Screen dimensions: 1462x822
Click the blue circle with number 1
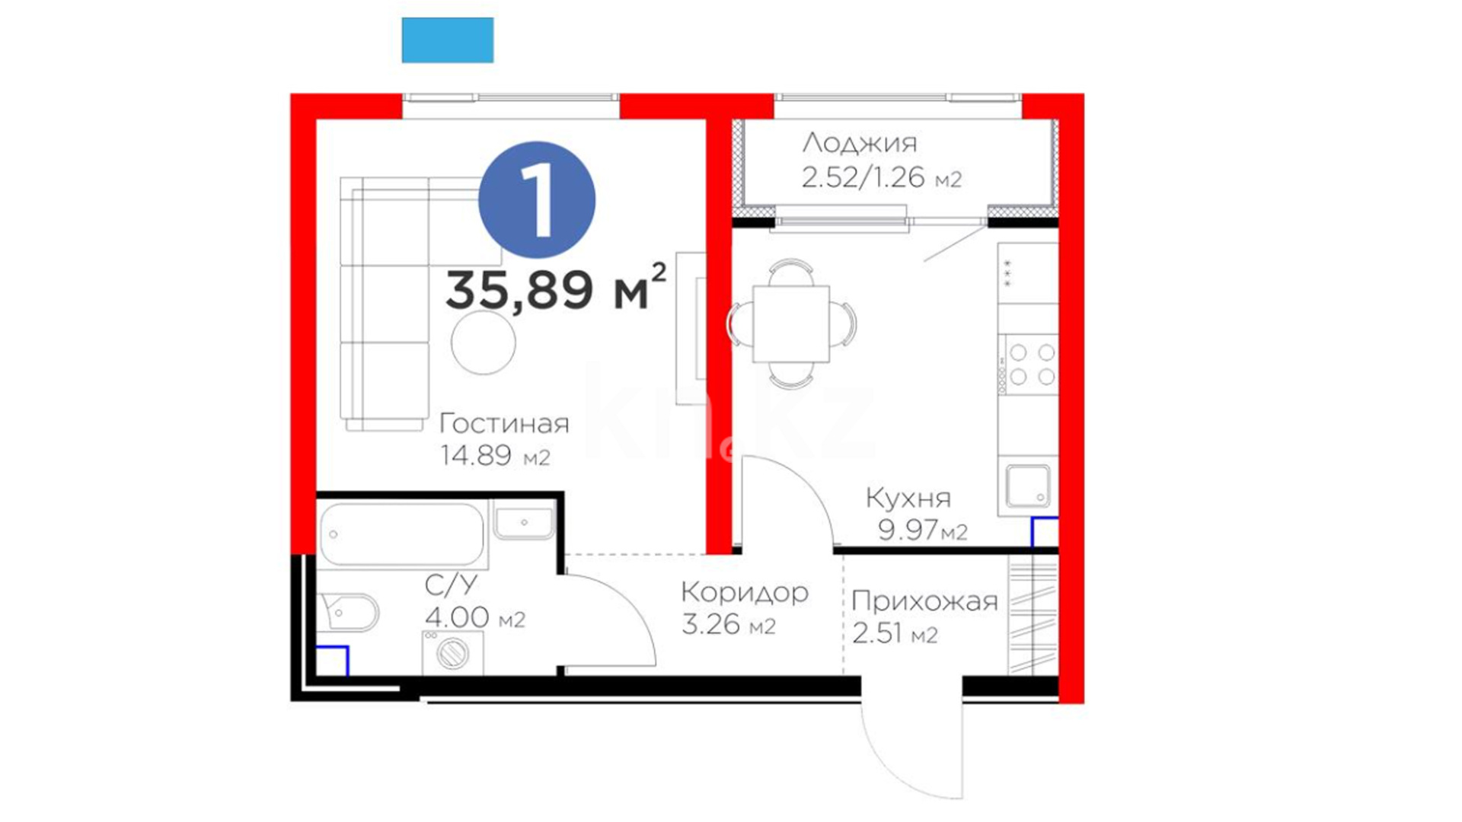(x=537, y=199)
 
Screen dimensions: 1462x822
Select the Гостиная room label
(x=504, y=423)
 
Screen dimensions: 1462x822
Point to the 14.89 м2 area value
(x=495, y=455)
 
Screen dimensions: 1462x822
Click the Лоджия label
(x=860, y=143)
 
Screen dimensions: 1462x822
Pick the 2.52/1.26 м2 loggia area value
(x=882, y=177)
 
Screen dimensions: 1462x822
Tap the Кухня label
(x=908, y=499)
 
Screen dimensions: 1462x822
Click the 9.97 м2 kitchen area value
(x=922, y=529)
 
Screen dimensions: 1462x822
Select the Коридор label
(x=745, y=592)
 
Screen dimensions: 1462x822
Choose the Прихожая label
(x=924, y=601)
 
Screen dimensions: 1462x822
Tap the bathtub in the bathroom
(x=402, y=534)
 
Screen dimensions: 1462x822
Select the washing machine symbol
(x=453, y=653)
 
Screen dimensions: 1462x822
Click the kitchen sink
(x=1028, y=486)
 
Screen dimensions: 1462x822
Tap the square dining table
(x=791, y=324)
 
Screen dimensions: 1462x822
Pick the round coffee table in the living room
(x=484, y=342)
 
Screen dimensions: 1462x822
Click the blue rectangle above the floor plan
(x=448, y=40)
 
